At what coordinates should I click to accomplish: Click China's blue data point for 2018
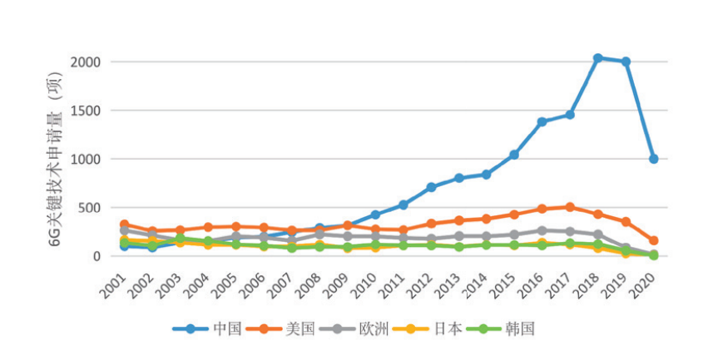[x=597, y=58]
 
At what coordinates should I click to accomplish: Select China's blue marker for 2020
[x=654, y=159]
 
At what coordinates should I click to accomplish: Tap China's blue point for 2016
[x=542, y=121]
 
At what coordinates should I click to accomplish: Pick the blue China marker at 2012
[x=431, y=187]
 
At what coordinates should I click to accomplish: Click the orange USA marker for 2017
[x=570, y=207]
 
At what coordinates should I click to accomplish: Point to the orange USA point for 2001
[x=124, y=224]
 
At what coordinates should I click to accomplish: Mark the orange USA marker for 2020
[x=654, y=240]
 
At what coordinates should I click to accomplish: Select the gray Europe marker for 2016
[x=542, y=230]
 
